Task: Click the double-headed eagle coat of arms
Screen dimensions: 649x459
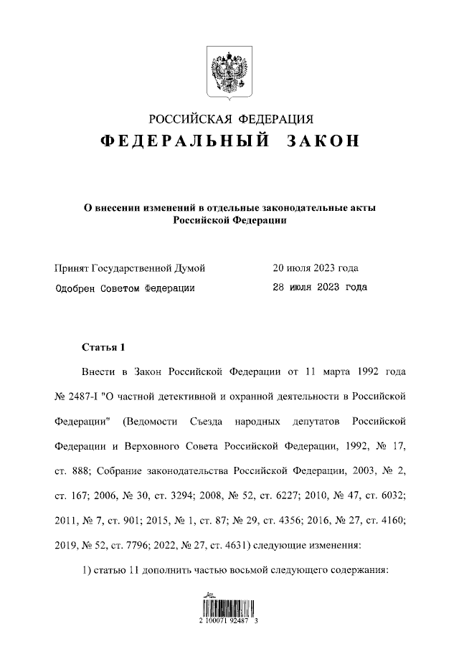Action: coord(229,72)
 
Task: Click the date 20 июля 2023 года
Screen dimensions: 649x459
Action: coord(316,268)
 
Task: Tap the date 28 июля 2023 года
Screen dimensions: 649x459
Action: coord(320,288)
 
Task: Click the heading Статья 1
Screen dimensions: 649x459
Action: coord(103,348)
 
